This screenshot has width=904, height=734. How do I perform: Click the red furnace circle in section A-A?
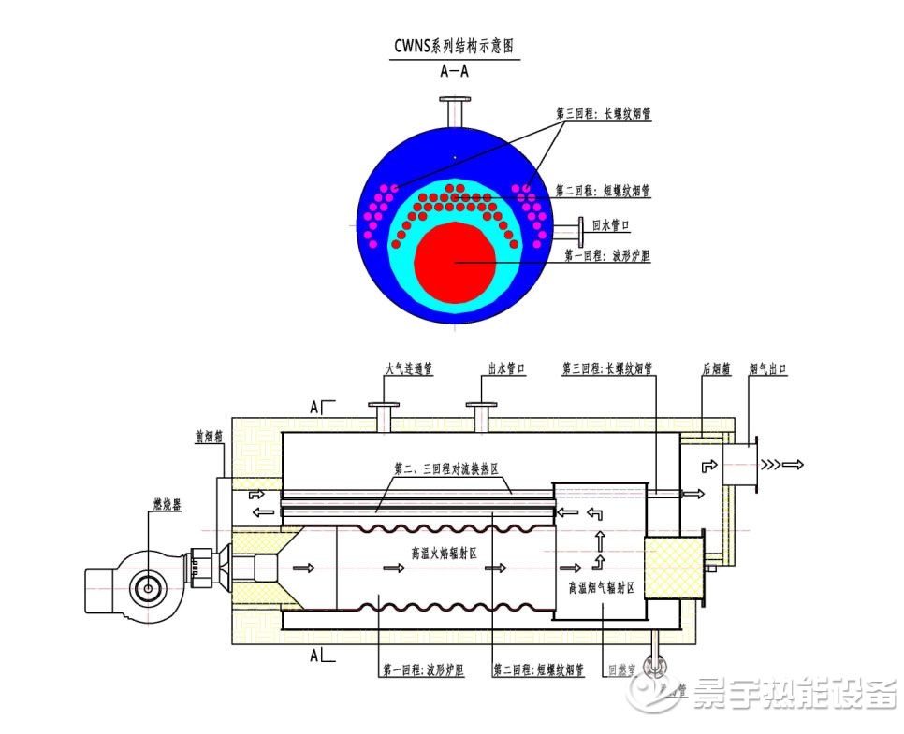pos(455,263)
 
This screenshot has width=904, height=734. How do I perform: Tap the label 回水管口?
pos(611,225)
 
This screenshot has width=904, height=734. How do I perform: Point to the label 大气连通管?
pos(409,369)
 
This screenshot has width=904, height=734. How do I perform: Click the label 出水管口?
pos(505,369)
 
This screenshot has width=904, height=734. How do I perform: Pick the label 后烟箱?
pos(717,369)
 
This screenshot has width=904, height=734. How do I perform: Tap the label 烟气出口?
pos(767,369)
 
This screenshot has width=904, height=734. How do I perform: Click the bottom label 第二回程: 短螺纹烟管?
pos(538,670)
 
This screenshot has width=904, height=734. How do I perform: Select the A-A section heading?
pos(455,70)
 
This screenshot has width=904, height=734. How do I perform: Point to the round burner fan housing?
pos(145,586)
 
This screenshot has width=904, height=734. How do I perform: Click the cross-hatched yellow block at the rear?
pos(673,571)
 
